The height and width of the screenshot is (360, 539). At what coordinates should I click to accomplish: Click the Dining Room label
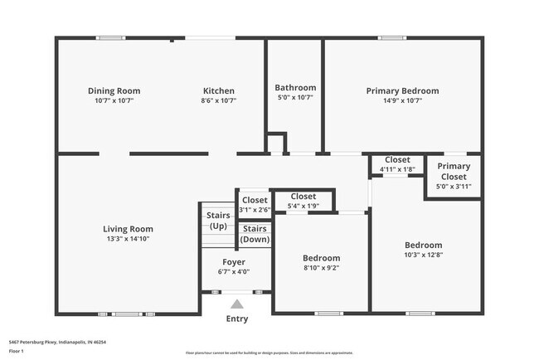[x=114, y=91]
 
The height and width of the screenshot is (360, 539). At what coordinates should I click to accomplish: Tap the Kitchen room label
[x=219, y=91]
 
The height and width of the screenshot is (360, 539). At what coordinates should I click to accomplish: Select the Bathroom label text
[x=295, y=88]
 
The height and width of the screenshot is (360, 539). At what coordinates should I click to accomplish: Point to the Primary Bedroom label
[x=402, y=91]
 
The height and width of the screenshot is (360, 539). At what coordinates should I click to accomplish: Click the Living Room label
[x=128, y=229]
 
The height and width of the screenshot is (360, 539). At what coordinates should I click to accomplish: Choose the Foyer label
[x=233, y=261]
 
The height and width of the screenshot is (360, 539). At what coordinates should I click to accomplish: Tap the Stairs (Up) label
[x=218, y=221]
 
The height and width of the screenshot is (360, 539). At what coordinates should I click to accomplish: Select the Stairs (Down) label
[x=255, y=234]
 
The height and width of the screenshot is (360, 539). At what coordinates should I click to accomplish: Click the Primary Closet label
[x=454, y=171]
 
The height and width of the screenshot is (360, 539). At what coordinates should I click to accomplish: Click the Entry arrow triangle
[x=237, y=304]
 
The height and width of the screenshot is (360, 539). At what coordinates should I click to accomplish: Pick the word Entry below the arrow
[x=237, y=319]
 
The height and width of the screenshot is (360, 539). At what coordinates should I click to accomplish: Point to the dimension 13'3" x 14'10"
[x=128, y=239]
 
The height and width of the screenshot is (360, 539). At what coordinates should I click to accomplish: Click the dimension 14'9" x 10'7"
[x=402, y=100]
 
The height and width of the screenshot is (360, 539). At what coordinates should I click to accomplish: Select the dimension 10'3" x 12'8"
[x=423, y=255]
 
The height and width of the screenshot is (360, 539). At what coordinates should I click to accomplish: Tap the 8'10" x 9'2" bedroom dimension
[x=321, y=268]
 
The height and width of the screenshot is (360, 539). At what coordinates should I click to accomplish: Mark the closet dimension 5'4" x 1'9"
[x=303, y=206]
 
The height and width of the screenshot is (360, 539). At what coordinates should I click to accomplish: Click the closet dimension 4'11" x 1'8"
[x=396, y=169]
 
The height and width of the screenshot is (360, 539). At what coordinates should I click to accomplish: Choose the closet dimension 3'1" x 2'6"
[x=255, y=210]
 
